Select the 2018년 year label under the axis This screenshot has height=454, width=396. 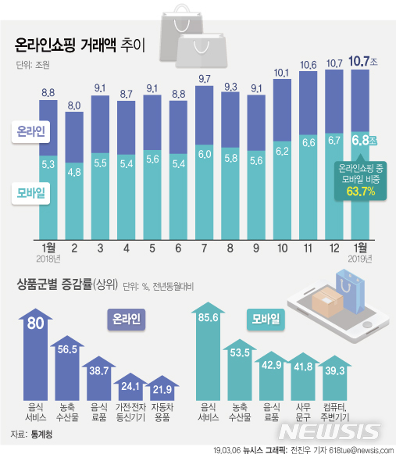pos(49,259)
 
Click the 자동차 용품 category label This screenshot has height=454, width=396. pos(161,412)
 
